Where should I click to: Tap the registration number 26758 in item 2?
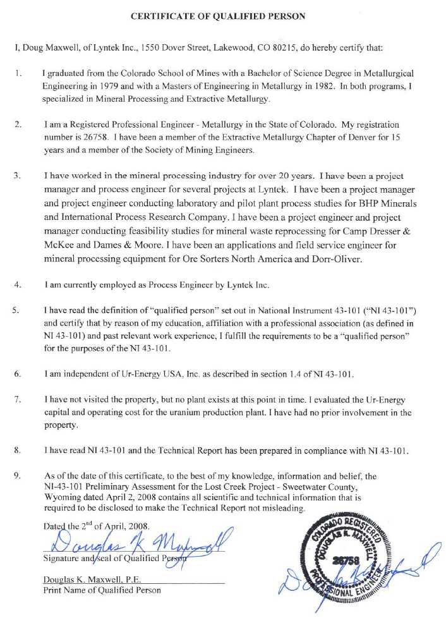[88, 136]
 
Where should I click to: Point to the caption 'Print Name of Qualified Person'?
[102, 590]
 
